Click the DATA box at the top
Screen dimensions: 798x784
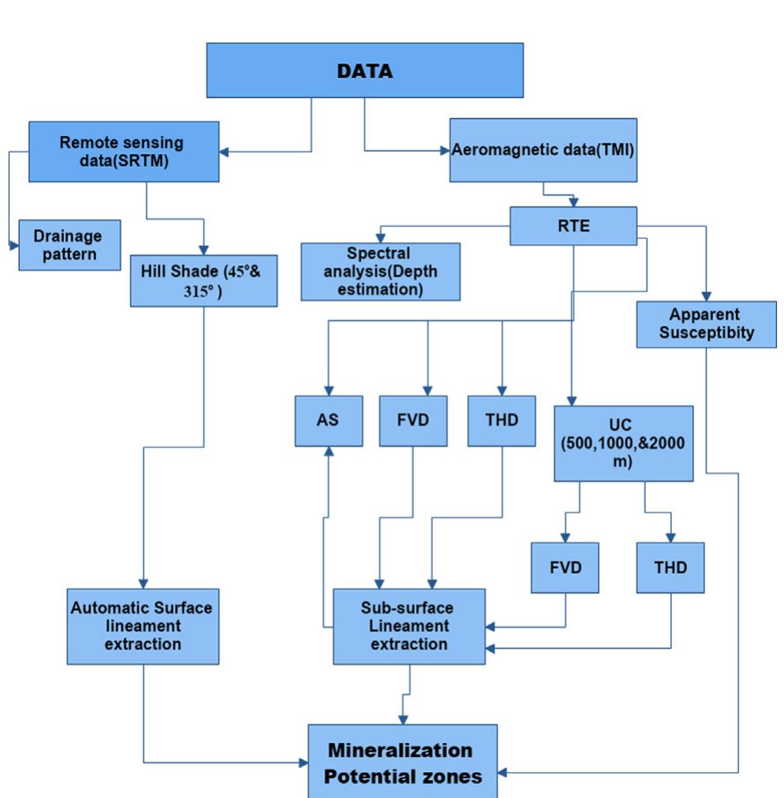pos(364,71)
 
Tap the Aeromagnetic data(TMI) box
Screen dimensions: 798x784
pos(543,150)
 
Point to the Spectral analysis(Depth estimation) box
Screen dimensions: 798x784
pos(380,272)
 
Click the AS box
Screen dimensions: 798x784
pos(329,420)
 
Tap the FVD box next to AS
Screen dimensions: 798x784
pos(413,420)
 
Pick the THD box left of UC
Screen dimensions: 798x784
pos(501,420)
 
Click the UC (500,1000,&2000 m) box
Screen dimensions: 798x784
pos(623,442)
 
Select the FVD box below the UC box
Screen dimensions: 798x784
pos(564,566)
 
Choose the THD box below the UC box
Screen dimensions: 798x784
pos(670,566)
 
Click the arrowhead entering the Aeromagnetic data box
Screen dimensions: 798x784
pos(445,149)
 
